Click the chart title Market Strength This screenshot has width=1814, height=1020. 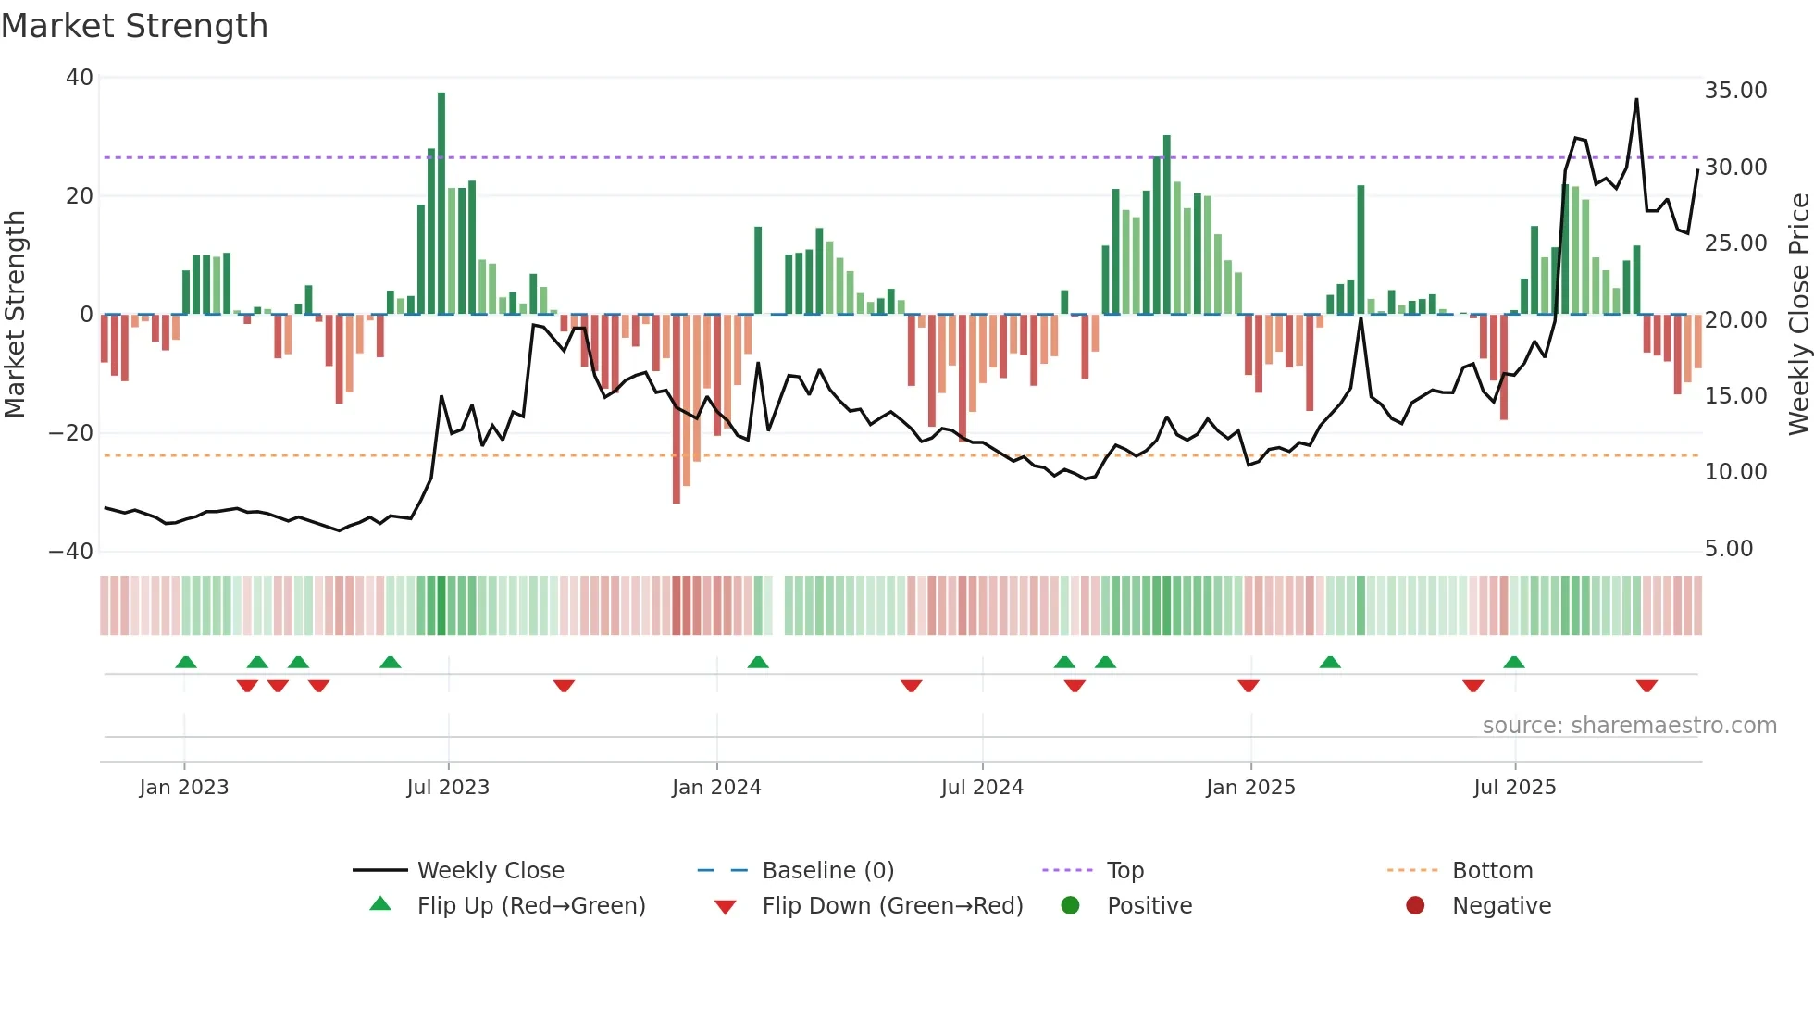pos(135,26)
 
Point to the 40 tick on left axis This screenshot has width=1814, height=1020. pos(80,78)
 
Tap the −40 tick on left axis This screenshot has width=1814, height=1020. pos(72,552)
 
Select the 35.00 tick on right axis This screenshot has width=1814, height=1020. pos(1735,91)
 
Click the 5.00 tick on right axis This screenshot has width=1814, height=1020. pos(1729,549)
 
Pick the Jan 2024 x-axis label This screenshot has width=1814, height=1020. pos(716,788)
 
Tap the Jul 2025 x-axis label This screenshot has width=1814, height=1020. pos(1514,788)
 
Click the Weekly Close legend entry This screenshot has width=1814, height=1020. pos(490,871)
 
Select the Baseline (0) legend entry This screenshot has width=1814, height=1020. pos(827,871)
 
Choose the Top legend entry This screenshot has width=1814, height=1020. pos(1124,871)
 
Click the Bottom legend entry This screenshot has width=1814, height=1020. pos(1492,871)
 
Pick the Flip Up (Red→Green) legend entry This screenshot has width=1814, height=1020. pos(530,906)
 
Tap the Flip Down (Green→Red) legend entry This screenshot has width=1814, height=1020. pos(892,906)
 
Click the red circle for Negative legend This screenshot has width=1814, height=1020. pos(1415,905)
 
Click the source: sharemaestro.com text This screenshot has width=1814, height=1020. pos(1629,726)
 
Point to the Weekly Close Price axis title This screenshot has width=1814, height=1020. pos(1798,315)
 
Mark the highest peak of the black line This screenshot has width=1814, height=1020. pos(1636,99)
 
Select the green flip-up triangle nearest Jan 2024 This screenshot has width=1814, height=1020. pos(758,662)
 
